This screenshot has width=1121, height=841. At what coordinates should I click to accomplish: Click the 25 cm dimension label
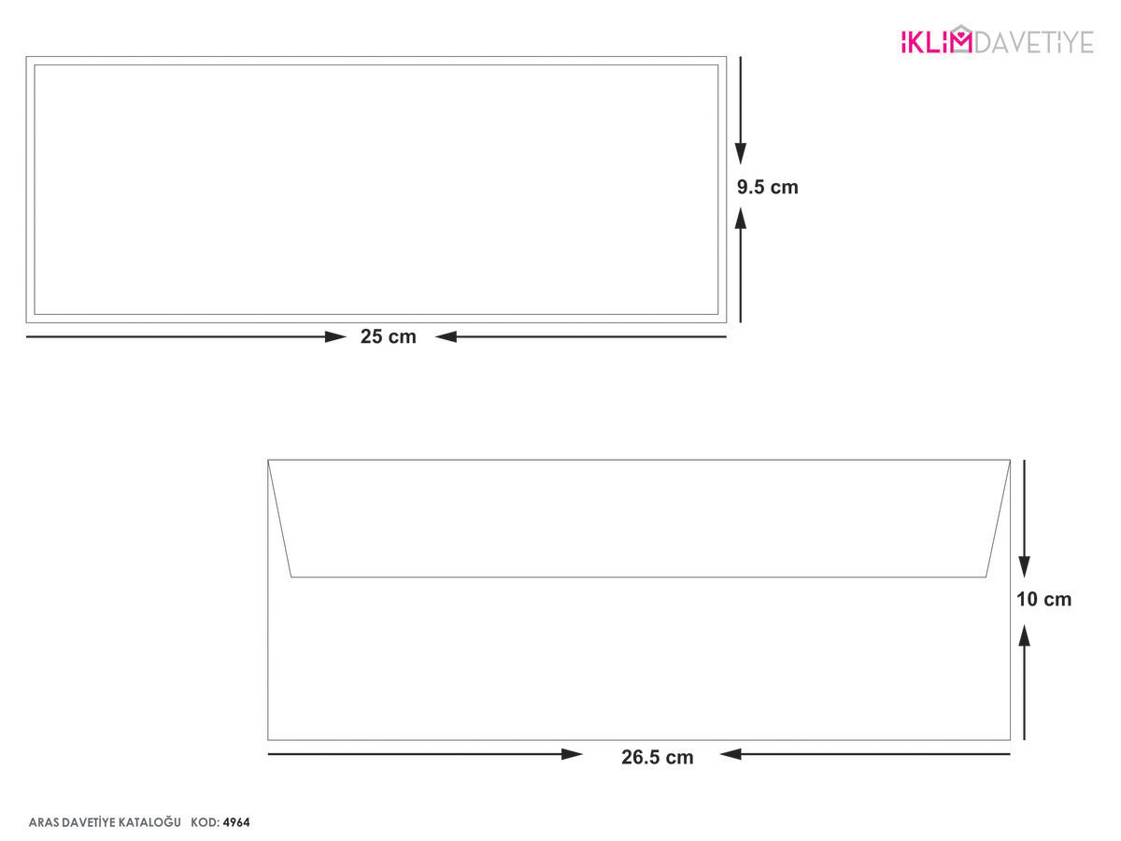(x=388, y=336)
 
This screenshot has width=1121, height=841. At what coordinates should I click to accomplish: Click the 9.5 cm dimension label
(x=767, y=187)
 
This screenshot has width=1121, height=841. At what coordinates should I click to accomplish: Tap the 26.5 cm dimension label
(x=658, y=757)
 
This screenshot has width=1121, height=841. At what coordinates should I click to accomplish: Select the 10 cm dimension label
(x=1043, y=599)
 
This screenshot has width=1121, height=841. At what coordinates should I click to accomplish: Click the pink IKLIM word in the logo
(x=929, y=42)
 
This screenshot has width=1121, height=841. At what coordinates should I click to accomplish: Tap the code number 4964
(x=236, y=822)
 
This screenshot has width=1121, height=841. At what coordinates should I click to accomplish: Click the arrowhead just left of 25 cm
(x=335, y=337)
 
